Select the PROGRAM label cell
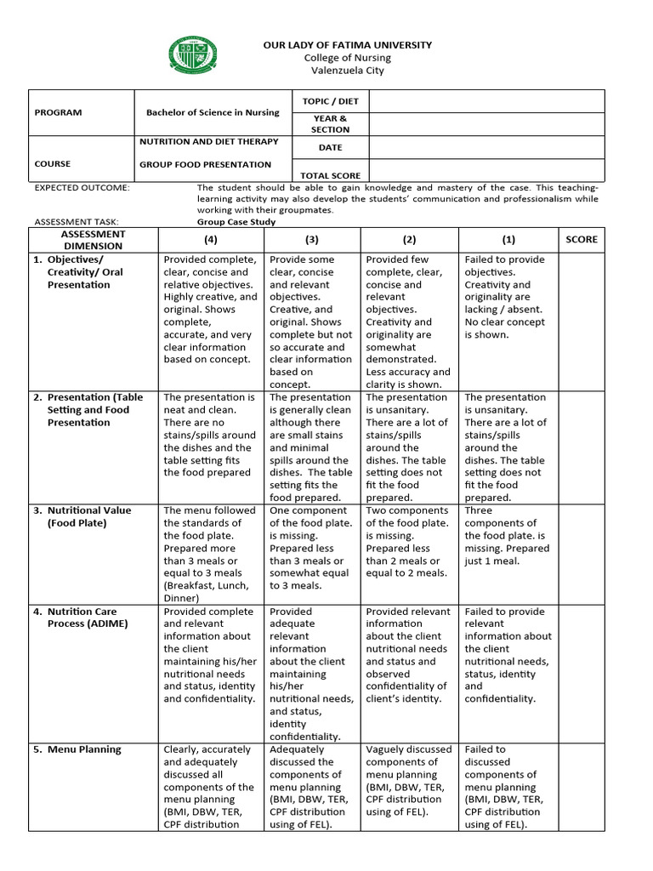tap(59, 112)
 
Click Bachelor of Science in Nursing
tap(213, 112)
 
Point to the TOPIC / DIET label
tap(331, 101)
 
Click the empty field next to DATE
tap(485, 147)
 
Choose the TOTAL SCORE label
tap(331, 176)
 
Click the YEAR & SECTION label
tap(331, 124)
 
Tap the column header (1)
tap(508, 240)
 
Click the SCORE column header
tap(582, 240)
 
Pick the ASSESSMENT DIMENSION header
tap(94, 240)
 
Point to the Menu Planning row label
tap(84, 749)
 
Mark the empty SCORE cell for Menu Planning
tap(582, 786)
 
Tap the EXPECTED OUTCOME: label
tap(82, 187)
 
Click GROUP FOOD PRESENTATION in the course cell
tap(206, 164)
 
